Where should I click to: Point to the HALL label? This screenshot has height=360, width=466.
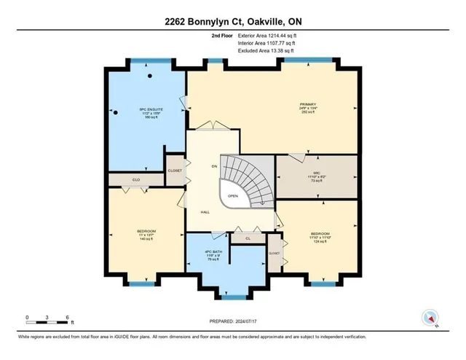click(x=205, y=213)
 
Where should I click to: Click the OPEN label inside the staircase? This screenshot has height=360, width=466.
click(x=233, y=196)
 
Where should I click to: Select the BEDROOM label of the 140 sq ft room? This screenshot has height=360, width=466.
click(x=146, y=230)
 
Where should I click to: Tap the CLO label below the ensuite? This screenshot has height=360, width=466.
click(x=135, y=178)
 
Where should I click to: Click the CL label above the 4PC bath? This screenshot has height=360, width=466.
click(x=248, y=238)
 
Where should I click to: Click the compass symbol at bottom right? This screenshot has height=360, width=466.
click(x=430, y=318)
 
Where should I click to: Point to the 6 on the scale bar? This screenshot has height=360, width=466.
click(x=67, y=317)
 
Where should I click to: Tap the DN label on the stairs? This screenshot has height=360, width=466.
click(x=214, y=167)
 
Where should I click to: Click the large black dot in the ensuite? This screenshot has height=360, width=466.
click(x=149, y=75)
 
